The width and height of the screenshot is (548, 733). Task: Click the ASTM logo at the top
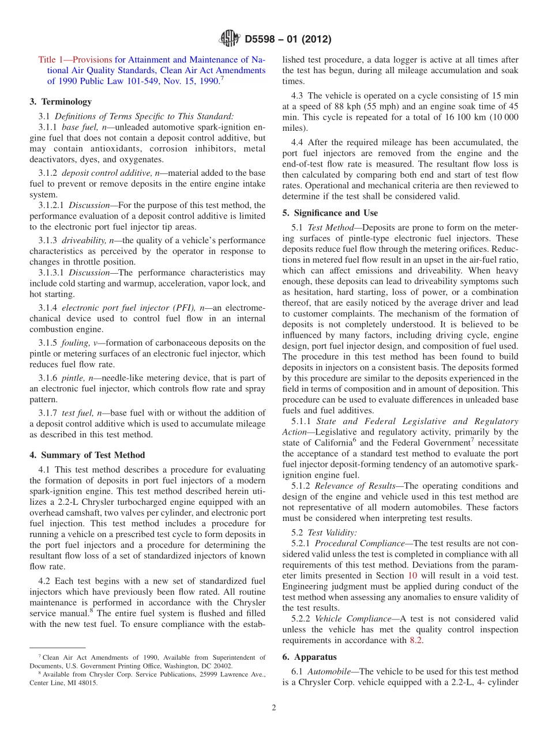pos(229,39)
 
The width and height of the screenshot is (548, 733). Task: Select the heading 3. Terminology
pos(60,101)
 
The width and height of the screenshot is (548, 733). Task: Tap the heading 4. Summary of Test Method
pos(87,455)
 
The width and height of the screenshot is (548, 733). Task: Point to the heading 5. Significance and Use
pos(330,213)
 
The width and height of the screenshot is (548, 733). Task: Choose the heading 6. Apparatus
pos(315,657)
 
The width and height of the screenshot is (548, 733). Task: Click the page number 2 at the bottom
pos(274,708)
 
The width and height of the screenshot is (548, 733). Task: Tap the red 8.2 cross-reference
pos(416,640)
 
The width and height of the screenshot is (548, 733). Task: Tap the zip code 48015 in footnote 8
pos(87,683)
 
